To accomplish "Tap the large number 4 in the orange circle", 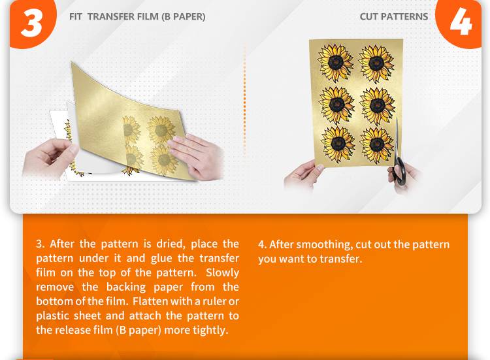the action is point(461,22).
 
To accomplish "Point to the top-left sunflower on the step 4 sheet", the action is point(335,63).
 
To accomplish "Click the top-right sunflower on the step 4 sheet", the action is point(376,64).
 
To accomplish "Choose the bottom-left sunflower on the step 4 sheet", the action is point(338,144).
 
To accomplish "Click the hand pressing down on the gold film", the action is point(195,155).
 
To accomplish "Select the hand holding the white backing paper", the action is point(48,158).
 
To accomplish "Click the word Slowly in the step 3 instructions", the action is point(222,273).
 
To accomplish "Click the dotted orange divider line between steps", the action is point(244,99).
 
